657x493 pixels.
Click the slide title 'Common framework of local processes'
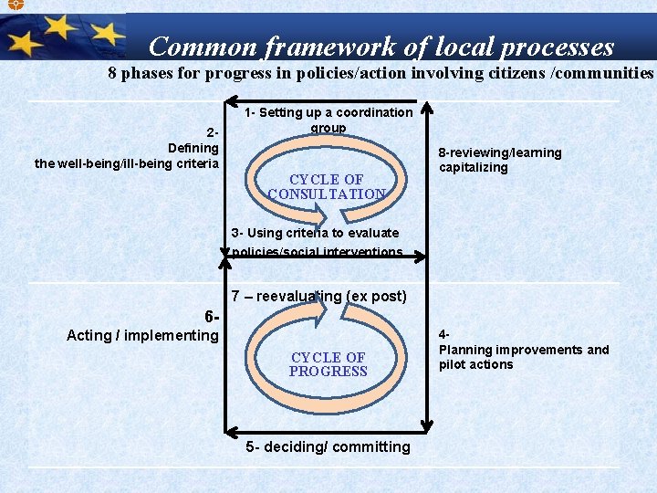381,46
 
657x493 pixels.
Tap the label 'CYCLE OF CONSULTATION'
327,186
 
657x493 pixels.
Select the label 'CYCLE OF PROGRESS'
328,364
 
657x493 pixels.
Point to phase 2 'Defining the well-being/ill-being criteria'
127,148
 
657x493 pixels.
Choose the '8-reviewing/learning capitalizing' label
499,160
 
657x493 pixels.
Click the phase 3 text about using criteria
317,242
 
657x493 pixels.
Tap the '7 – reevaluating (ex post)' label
318,296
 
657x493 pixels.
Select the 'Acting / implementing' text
142,335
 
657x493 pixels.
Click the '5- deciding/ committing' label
328,446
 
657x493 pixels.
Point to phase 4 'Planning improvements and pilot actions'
523,350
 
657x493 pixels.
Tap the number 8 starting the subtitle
112,73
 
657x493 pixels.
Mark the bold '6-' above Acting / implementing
213,317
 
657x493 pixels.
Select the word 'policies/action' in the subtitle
305,73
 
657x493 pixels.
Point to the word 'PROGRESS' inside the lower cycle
328,372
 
